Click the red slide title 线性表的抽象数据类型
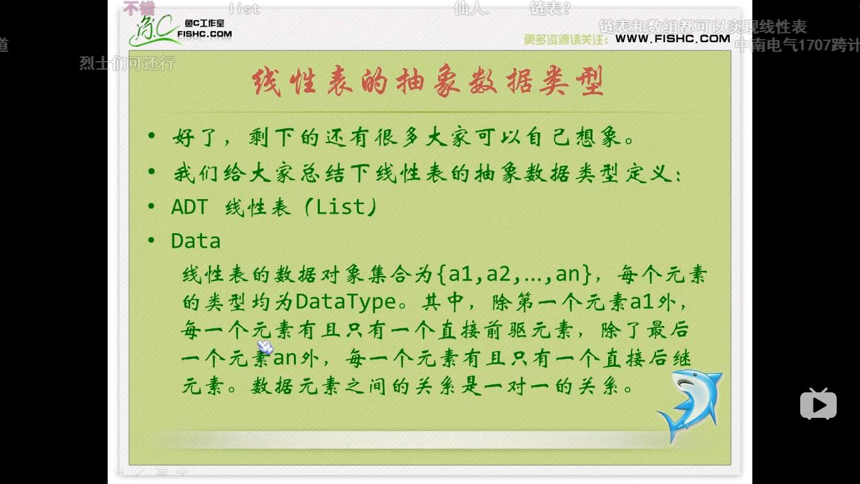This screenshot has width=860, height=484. tap(428, 81)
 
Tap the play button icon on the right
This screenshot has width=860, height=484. tap(818, 404)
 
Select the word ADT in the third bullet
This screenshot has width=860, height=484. tap(189, 207)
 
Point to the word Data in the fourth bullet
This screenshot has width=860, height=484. tap(196, 241)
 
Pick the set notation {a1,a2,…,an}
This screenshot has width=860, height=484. tap(513, 274)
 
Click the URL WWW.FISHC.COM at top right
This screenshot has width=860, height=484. tap(672, 38)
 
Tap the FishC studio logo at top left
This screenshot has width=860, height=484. tap(179, 30)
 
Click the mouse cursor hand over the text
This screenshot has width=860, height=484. tap(265, 347)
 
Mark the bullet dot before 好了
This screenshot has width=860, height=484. tap(151, 136)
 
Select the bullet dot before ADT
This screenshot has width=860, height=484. tap(151, 207)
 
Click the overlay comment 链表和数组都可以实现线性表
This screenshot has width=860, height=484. tap(702, 27)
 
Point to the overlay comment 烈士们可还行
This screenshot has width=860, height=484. tap(127, 64)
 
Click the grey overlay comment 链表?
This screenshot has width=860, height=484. tap(550, 9)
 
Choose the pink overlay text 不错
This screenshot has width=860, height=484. tap(139, 8)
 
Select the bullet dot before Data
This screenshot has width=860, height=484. tap(151, 241)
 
